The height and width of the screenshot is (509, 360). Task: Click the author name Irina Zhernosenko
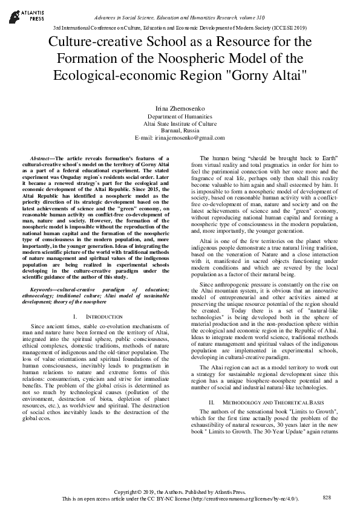pyautogui.click(x=180, y=107)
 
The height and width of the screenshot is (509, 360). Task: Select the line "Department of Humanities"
pyautogui.click(x=180, y=116)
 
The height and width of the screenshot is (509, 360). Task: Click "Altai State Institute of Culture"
pyautogui.click(x=180, y=123)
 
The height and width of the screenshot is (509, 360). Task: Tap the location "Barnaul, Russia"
pyautogui.click(x=180, y=131)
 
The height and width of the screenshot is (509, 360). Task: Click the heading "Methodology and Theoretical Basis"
pyautogui.click(x=266, y=402)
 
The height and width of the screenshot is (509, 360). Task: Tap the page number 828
pyautogui.click(x=327, y=497)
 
